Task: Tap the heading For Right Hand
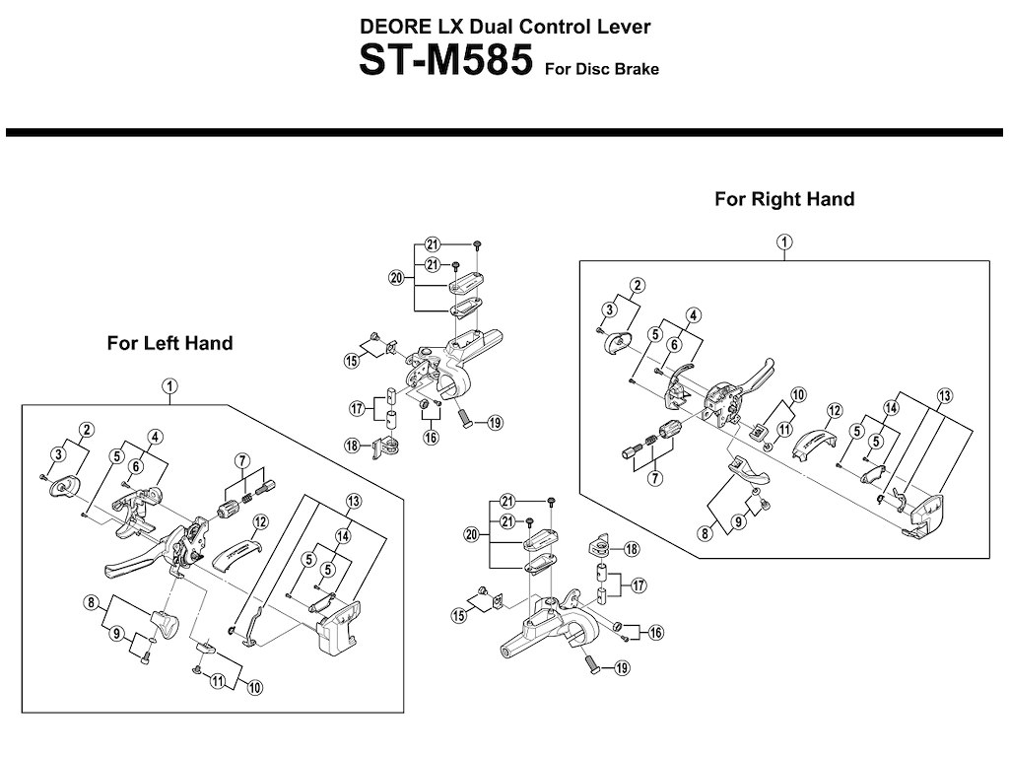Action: [784, 199]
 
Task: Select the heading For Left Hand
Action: [169, 343]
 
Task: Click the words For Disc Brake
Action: [600, 70]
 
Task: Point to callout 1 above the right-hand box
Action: [783, 241]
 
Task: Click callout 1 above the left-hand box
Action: [169, 385]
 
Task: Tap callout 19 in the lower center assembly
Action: [622, 668]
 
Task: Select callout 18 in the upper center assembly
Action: [351, 447]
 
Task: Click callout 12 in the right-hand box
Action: [834, 410]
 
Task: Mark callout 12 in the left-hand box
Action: [260, 521]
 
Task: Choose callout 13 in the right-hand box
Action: [945, 395]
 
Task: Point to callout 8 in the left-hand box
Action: [90, 602]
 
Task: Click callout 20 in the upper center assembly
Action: [396, 278]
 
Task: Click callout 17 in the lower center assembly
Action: [639, 585]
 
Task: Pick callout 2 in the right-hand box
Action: [638, 286]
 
